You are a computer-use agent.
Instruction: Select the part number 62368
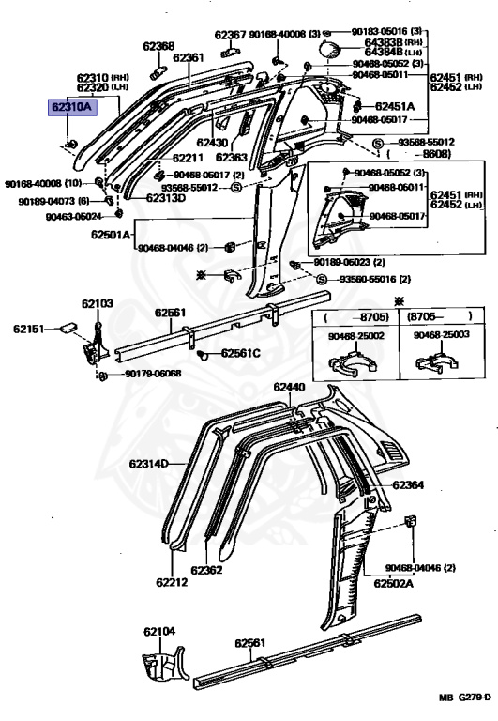tap(158, 46)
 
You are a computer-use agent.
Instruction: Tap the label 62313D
tap(166, 198)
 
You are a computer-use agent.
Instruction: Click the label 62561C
tap(241, 353)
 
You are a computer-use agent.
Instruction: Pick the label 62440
tap(289, 387)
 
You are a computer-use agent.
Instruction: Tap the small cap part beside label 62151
tap(68, 327)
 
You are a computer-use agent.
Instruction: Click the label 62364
tap(408, 485)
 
